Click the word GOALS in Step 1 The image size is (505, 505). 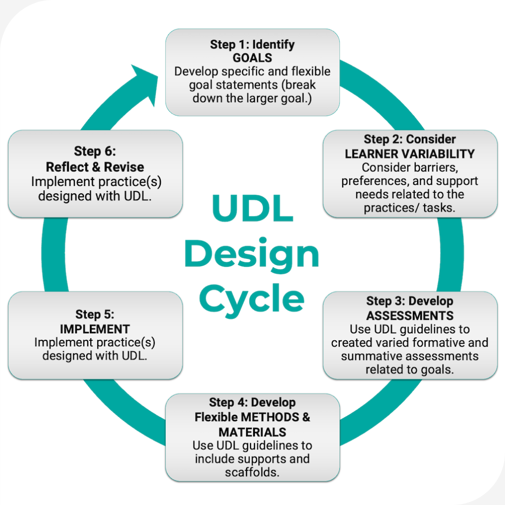tap(252, 58)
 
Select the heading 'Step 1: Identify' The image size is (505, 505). tap(252, 44)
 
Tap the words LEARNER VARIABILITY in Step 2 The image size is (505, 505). tap(410, 153)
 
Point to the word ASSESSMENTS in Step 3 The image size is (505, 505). tap(410, 315)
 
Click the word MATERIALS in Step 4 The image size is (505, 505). tap(252, 432)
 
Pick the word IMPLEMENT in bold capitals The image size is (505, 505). tap(95, 328)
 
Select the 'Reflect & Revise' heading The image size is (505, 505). tap(96, 166)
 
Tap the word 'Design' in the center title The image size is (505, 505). tap(252, 254)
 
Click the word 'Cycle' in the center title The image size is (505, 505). tap(252, 299)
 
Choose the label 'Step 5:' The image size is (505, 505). tap(95, 314)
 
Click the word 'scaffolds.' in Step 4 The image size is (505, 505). tap(252, 472)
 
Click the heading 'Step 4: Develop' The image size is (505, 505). tap(252, 402)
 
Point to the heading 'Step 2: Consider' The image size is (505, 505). tap(410, 139)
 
